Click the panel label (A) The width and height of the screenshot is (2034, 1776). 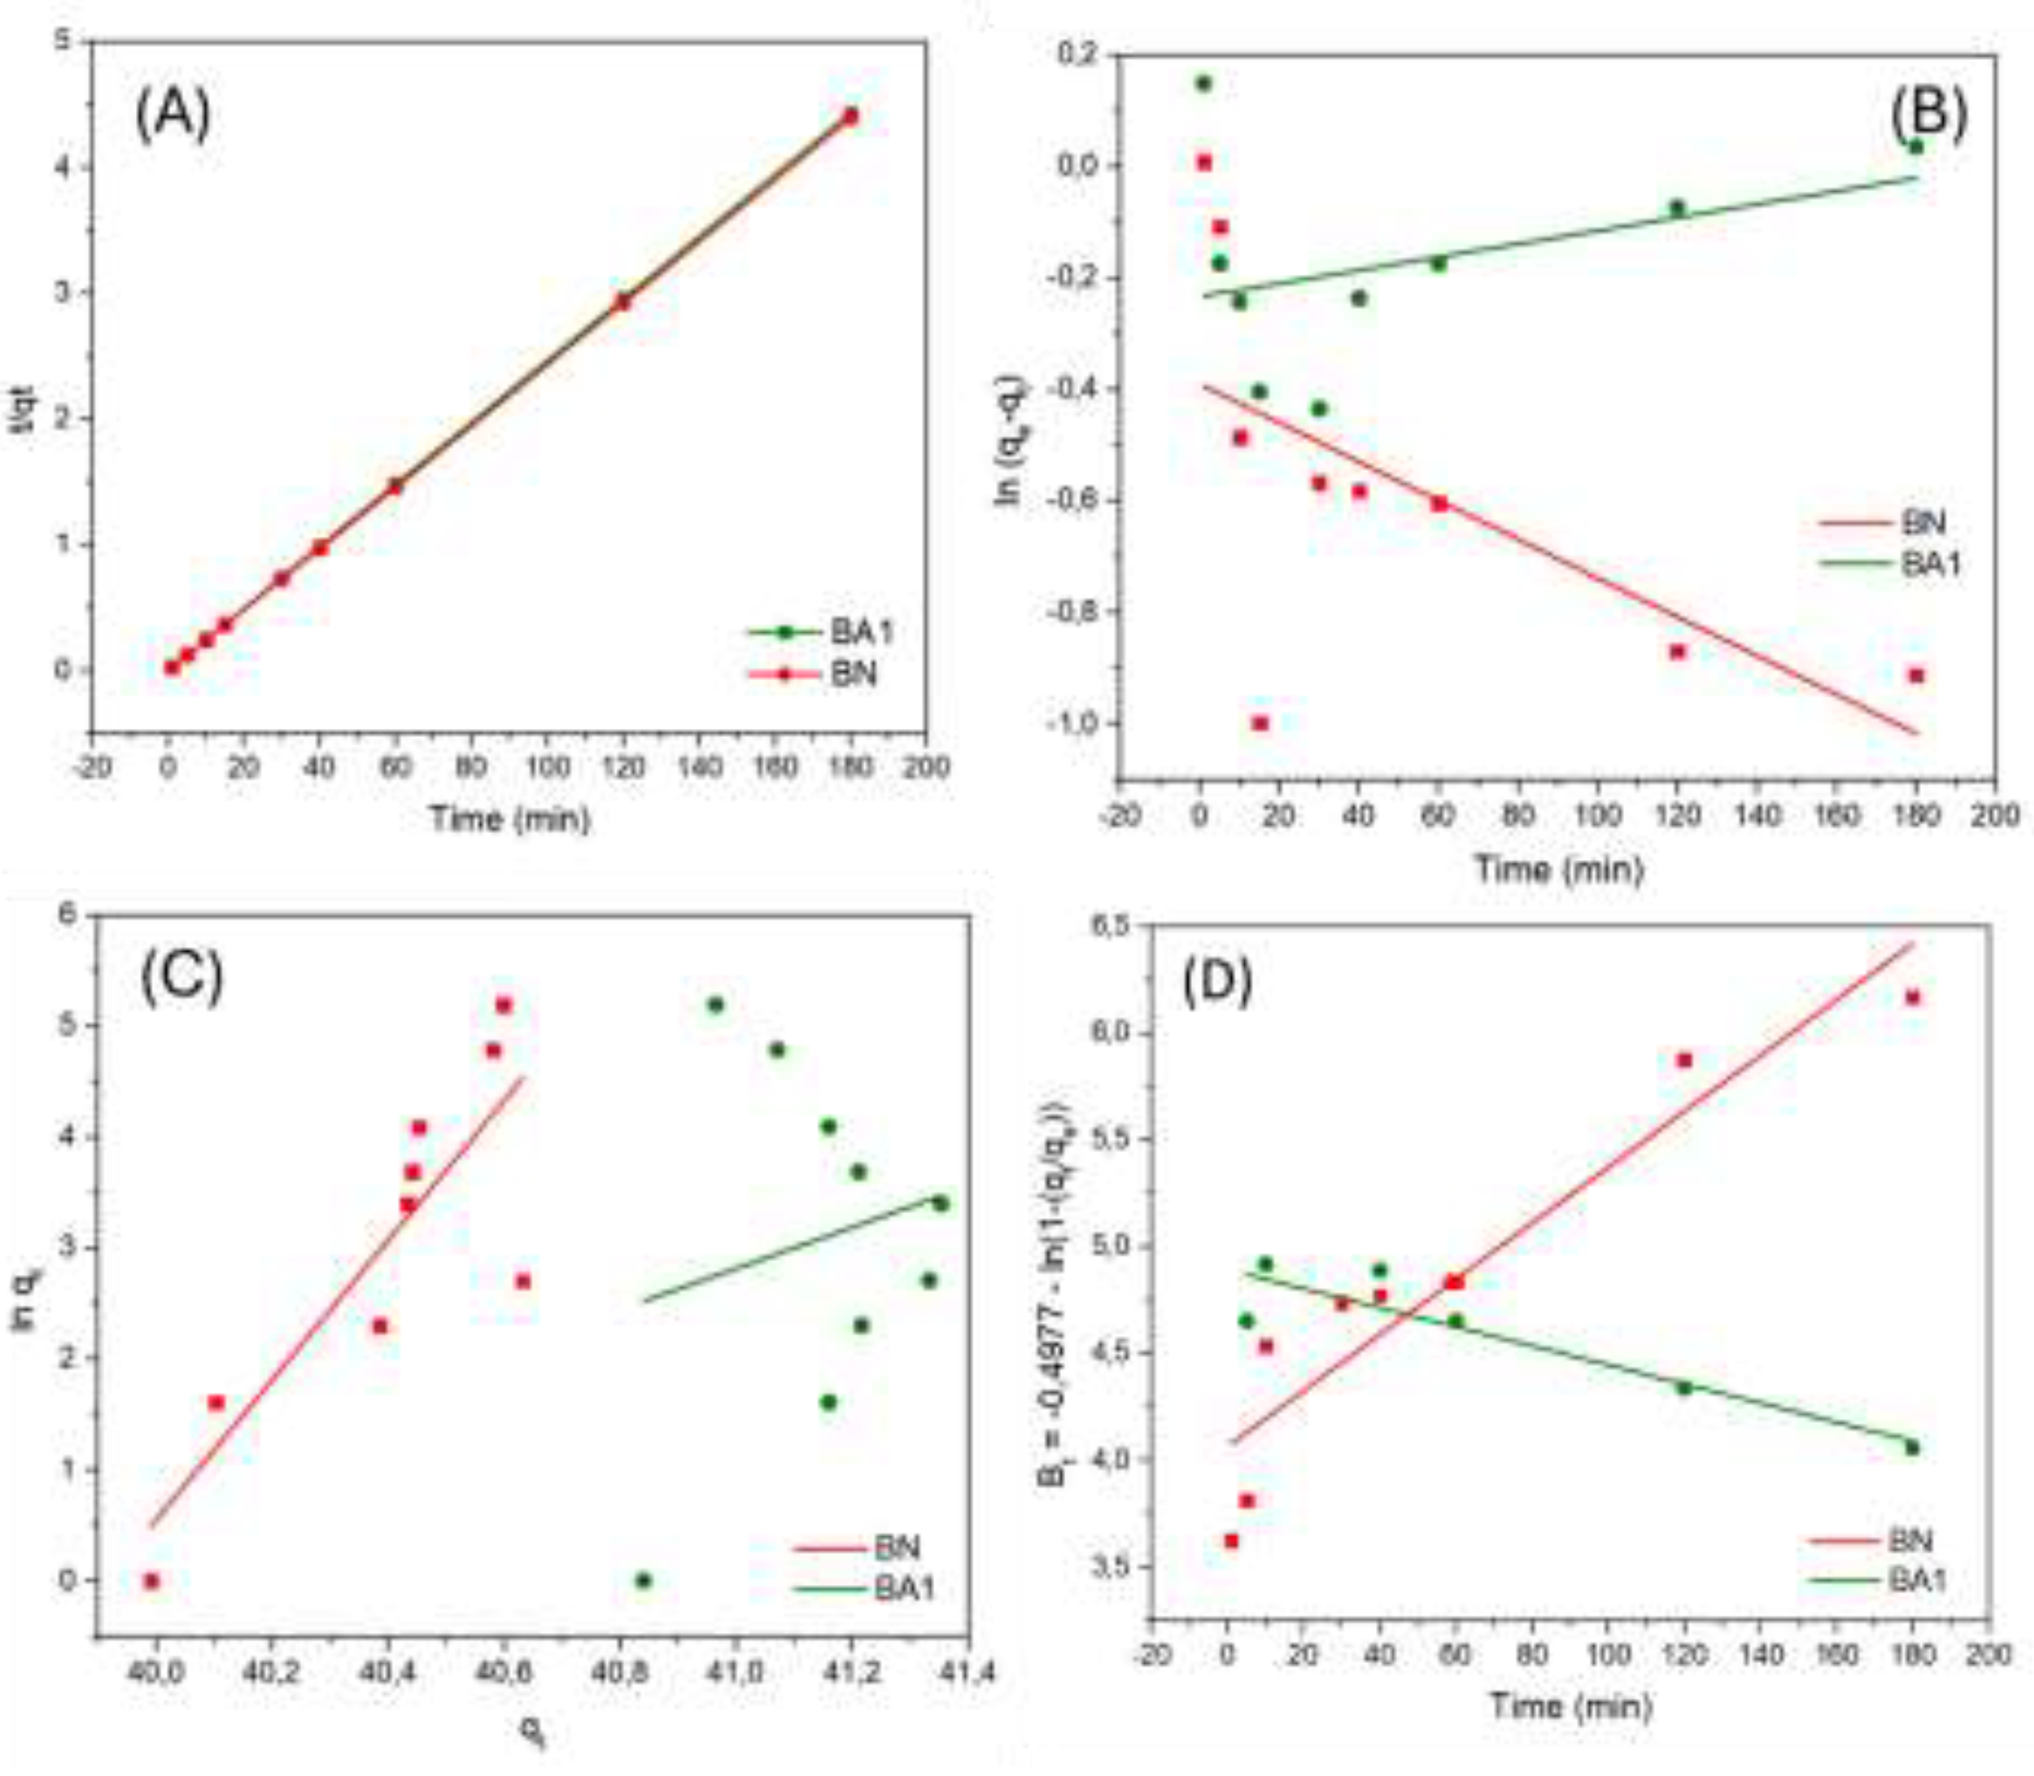174,115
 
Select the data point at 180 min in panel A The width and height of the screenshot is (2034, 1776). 850,116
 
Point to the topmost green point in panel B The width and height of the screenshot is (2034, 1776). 1203,83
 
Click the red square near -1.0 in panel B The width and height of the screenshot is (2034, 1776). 1260,724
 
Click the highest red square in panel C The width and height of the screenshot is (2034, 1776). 503,1005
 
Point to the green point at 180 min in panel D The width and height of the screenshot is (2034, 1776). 1912,1448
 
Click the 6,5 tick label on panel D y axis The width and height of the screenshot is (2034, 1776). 1110,926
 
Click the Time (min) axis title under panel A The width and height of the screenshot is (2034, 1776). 510,818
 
